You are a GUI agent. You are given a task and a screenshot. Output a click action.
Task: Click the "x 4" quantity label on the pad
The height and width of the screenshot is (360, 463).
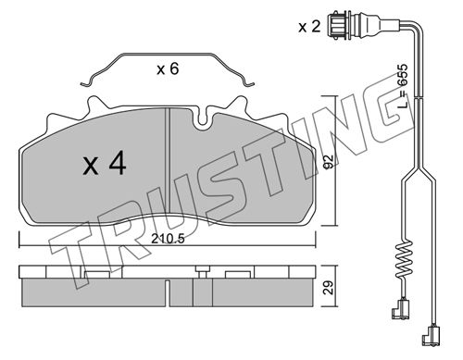click(105, 164)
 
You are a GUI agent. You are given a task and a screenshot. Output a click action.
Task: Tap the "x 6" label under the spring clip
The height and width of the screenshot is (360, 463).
click(168, 68)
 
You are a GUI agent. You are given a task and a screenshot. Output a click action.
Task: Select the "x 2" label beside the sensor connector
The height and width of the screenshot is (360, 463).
click(309, 27)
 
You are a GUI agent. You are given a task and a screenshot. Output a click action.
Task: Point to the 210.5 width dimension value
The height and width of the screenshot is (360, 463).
click(168, 239)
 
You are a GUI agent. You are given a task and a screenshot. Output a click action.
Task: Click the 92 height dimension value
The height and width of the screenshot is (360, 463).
click(329, 161)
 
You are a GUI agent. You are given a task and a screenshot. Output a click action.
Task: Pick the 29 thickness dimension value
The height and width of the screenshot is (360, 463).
click(329, 287)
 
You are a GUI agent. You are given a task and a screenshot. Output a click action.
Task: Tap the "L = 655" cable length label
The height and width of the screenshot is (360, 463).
click(402, 85)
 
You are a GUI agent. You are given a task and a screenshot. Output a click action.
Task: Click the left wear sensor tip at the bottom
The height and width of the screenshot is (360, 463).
click(400, 309)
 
